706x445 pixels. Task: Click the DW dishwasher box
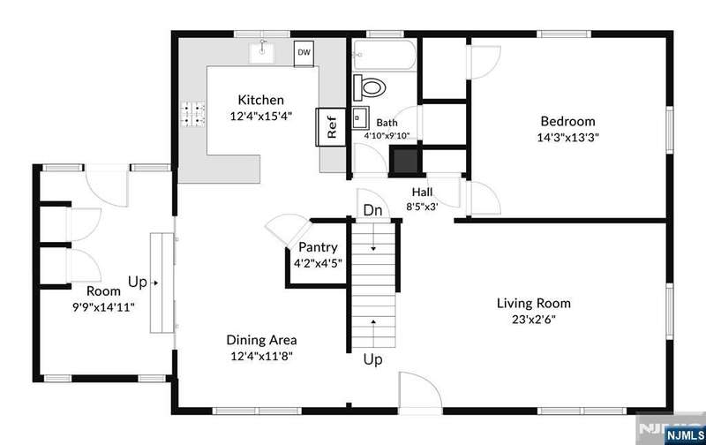click(304, 54)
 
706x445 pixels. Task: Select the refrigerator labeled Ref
click(331, 127)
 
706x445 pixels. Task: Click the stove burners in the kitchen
click(192, 114)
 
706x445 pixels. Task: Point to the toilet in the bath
click(370, 87)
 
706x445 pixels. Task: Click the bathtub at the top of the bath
click(384, 55)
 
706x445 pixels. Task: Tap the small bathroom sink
click(361, 118)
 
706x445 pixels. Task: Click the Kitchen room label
click(260, 100)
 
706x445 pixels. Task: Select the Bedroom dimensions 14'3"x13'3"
click(567, 138)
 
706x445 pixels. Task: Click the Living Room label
click(534, 303)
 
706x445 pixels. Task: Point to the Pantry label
click(318, 247)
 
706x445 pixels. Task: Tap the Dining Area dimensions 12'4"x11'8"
click(261, 357)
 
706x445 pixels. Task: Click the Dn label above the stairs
click(372, 210)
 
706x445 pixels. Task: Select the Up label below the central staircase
click(372, 359)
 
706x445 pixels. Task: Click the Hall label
click(423, 192)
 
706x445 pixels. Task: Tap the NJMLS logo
click(685, 435)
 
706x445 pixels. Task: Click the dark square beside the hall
click(405, 161)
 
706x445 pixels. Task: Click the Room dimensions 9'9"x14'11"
click(103, 307)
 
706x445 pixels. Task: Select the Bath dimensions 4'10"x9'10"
click(387, 135)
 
